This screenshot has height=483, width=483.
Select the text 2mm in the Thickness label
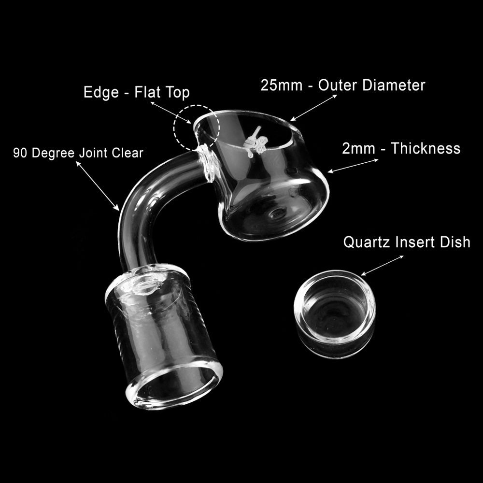pyautogui.click(x=358, y=148)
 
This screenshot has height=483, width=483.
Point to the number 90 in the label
pyautogui.click(x=19, y=153)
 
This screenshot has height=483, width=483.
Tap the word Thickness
pyautogui.click(x=426, y=148)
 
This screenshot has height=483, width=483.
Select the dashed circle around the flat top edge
pyautogui.click(x=197, y=127)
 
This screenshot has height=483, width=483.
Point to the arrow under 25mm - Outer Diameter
pyautogui.click(x=314, y=107)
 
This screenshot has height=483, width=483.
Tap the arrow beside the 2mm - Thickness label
pyautogui.click(x=353, y=165)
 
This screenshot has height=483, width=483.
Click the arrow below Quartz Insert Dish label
pyautogui.click(x=382, y=265)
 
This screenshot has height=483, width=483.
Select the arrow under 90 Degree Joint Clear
pyautogui.click(x=98, y=186)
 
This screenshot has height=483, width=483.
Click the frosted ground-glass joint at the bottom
pyautogui.click(x=162, y=333)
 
